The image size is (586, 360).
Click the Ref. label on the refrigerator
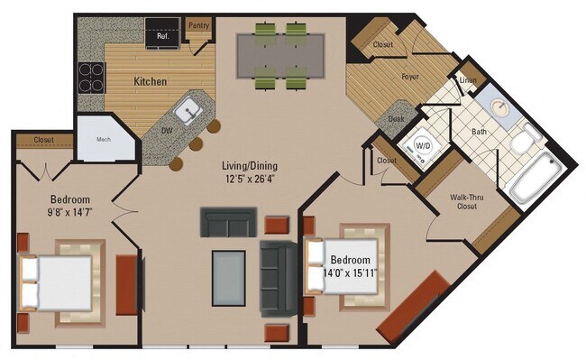(x=163, y=37)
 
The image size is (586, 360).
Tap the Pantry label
(x=198, y=25)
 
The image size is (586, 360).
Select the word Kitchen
(x=151, y=81)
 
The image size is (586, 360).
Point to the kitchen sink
(x=188, y=111)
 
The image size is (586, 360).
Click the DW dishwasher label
(x=167, y=129)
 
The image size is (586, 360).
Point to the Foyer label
(x=410, y=77)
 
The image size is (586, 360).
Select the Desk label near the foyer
(x=397, y=117)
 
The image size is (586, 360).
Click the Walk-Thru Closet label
(x=467, y=200)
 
